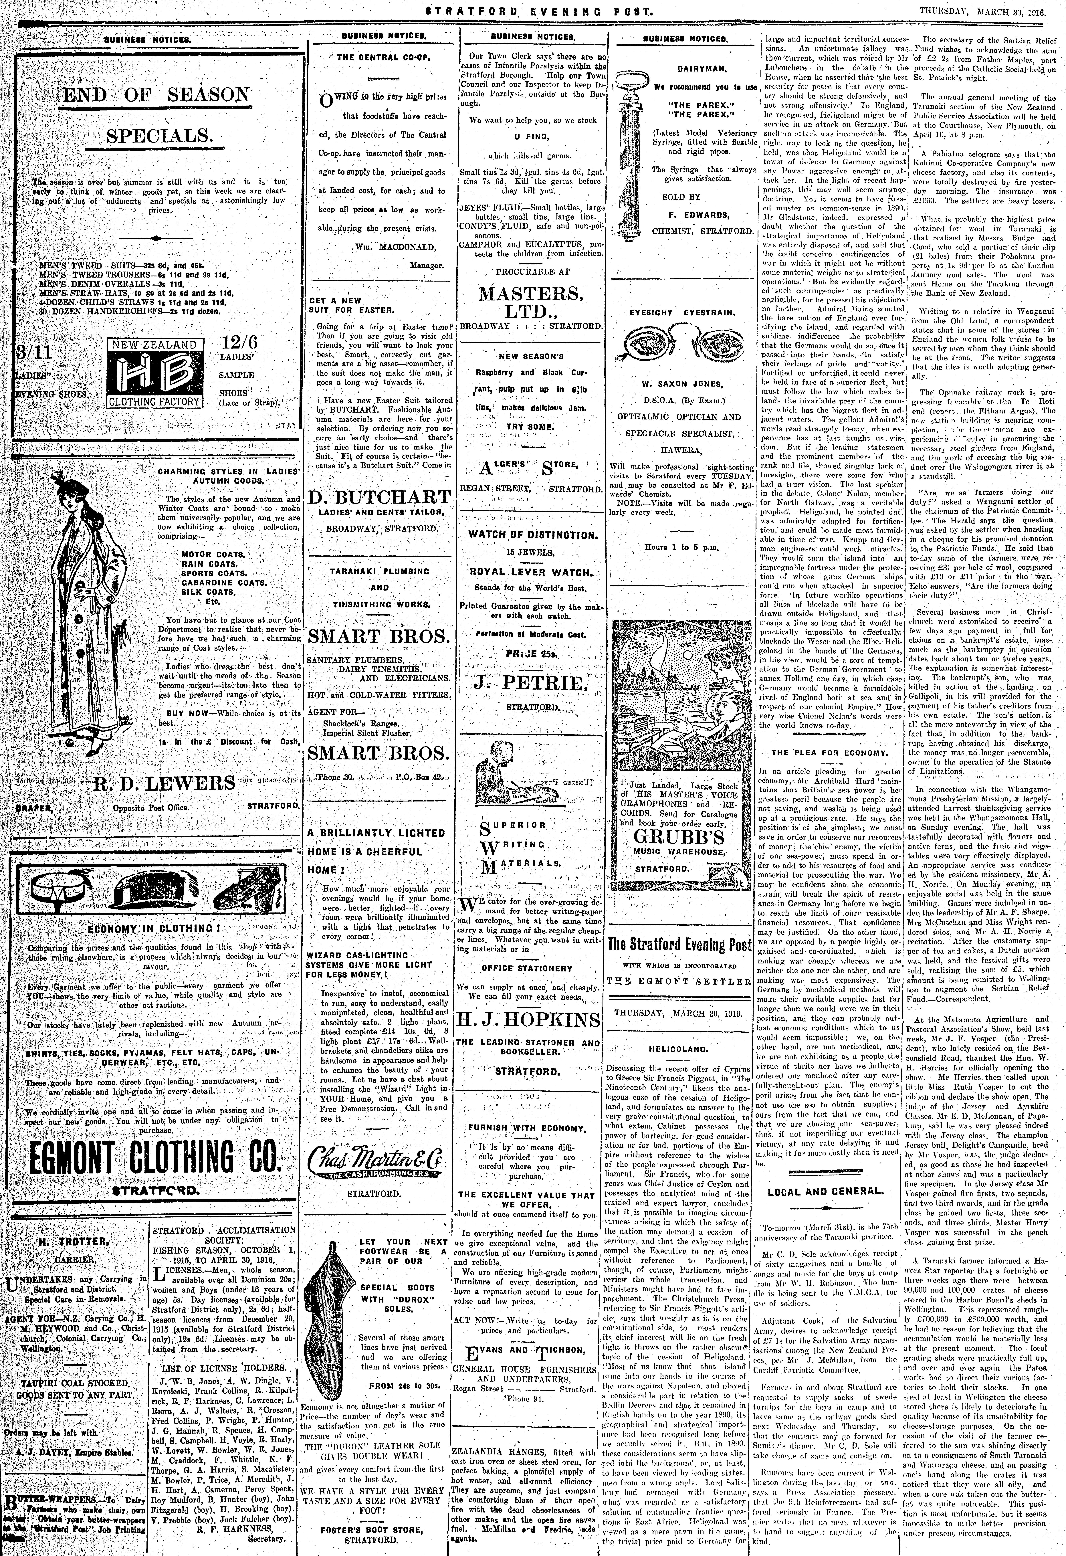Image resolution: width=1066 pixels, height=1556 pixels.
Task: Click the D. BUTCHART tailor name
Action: point(380,497)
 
